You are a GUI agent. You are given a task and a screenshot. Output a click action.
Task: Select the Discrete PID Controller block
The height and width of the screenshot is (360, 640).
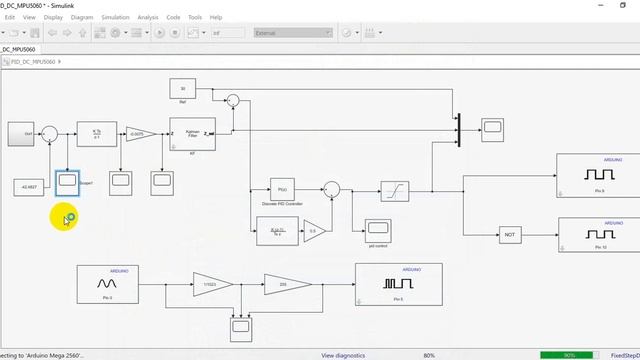[282, 189]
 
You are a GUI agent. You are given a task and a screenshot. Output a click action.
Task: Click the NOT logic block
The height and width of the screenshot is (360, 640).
[511, 235]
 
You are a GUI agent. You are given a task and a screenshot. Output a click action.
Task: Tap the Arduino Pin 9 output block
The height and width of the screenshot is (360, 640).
[598, 177]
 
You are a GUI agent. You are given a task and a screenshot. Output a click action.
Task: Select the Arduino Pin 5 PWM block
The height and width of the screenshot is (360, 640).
[398, 284]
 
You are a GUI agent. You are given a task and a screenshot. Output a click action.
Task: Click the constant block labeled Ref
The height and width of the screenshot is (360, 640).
[183, 89]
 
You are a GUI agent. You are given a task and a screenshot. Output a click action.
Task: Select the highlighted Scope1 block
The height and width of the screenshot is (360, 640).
[67, 181]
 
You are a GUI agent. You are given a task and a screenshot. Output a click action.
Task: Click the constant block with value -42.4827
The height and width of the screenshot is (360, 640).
[27, 187]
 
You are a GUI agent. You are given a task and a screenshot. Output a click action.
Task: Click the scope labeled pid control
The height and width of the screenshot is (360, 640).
[377, 229]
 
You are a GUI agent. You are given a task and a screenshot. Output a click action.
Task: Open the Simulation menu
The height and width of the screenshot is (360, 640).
[115, 17]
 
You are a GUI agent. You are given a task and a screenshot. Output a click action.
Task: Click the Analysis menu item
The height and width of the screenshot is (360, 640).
[148, 17]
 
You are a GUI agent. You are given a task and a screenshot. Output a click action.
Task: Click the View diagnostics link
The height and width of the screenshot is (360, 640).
[347, 355]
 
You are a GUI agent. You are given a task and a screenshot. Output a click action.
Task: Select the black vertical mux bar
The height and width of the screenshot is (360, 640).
[458, 129]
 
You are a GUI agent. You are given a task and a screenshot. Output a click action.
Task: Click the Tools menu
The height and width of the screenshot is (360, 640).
[194, 17]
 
